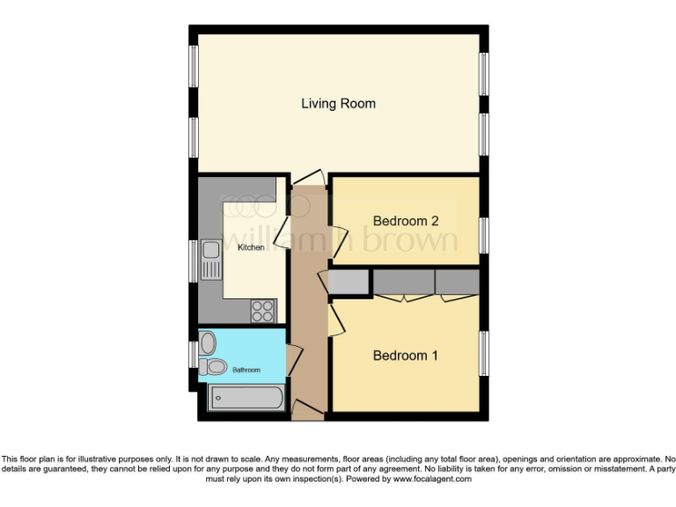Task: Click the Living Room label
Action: [x=338, y=104]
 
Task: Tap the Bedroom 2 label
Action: [x=405, y=221]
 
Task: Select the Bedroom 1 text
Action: [x=405, y=356]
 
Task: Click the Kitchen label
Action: [x=251, y=247]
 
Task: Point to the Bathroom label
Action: [x=246, y=371]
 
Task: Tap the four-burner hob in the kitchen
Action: [x=263, y=311]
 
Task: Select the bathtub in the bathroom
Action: [x=246, y=398]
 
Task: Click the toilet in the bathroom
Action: [x=213, y=366]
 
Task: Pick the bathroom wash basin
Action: [x=207, y=342]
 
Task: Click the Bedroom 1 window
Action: [x=483, y=354]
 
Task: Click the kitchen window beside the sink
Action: [x=194, y=261]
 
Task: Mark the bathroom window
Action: [x=193, y=354]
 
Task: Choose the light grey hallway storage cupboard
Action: [x=349, y=282]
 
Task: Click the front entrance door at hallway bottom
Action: [x=307, y=408]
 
